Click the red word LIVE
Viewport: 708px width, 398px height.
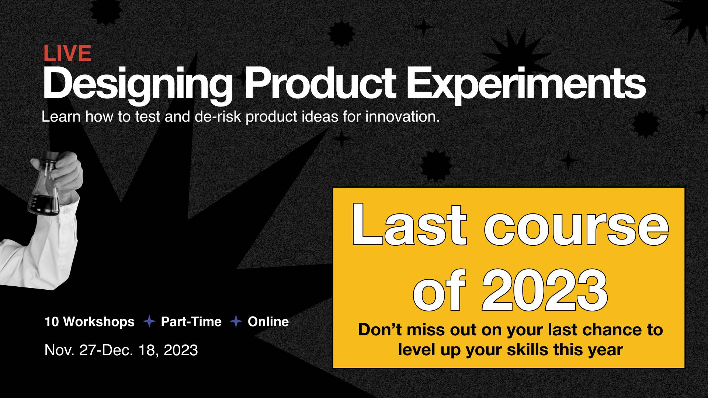click(67, 53)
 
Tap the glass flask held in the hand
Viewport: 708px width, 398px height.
click(44, 184)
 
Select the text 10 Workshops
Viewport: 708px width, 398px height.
click(90, 322)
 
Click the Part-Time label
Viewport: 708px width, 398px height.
click(191, 322)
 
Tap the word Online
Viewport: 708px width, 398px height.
click(268, 322)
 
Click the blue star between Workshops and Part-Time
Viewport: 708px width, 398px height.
click(149, 322)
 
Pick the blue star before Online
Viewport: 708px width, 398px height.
click(236, 322)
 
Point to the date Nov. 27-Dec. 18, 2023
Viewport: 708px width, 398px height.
click(121, 350)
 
